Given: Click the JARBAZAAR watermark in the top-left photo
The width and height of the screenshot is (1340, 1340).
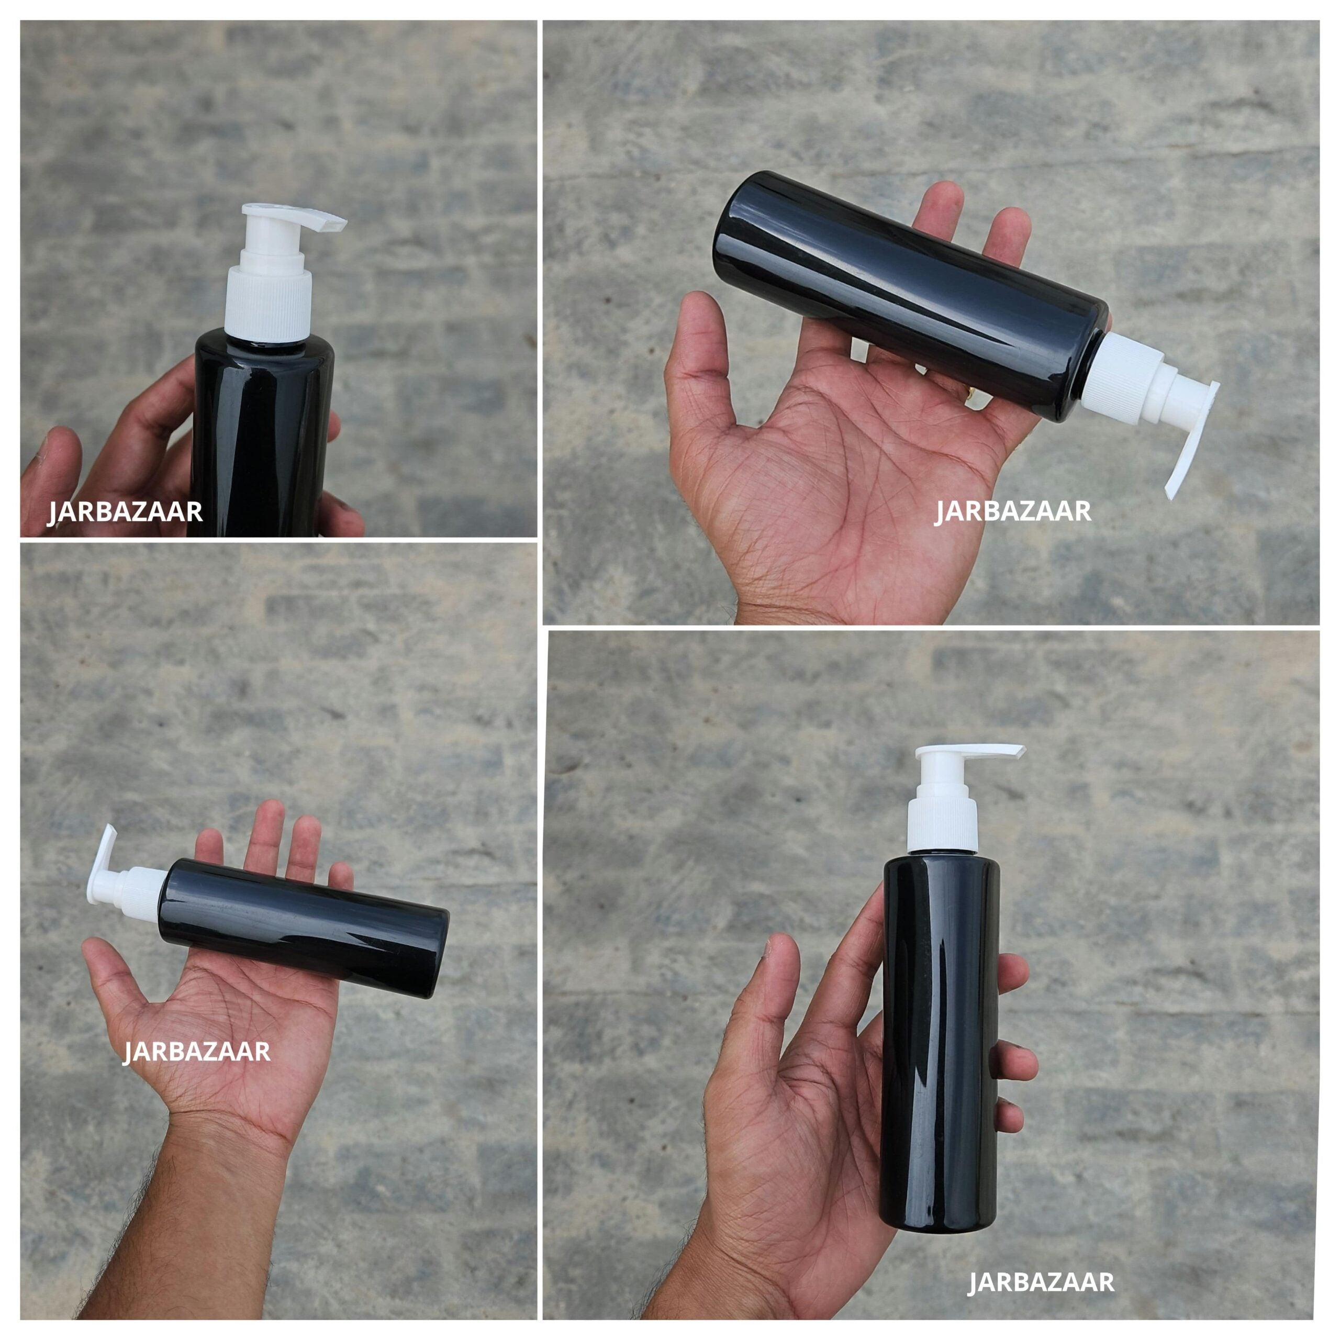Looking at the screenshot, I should (x=125, y=512).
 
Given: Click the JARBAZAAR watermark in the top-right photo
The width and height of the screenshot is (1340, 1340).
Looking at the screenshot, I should (x=1013, y=511).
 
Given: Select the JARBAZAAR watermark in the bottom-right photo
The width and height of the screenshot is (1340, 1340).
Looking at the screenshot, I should (x=1041, y=1263).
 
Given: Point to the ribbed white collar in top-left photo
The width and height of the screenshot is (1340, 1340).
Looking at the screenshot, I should (x=269, y=305).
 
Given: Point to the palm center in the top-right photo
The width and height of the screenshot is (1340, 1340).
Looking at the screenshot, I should (x=832, y=472).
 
